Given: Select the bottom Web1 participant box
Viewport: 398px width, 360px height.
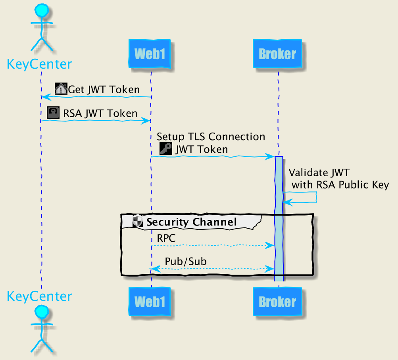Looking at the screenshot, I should (150, 302).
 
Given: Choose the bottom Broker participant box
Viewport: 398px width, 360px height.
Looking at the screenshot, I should (277, 302).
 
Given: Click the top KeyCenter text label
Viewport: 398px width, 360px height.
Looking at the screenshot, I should (39, 64).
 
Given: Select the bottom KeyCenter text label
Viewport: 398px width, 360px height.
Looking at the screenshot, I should (39, 296).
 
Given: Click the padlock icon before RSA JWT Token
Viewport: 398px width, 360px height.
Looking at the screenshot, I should (53, 113).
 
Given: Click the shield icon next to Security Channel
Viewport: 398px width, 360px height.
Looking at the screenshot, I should (138, 221).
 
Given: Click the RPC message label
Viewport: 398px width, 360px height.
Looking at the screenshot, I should (166, 238).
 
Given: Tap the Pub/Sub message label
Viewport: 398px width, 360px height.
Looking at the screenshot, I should (185, 261).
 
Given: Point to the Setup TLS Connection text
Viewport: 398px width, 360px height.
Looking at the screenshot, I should (211, 137).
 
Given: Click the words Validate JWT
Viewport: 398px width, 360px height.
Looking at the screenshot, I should (319, 172).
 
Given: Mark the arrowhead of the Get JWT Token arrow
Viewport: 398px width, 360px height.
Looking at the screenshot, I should (46, 96).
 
